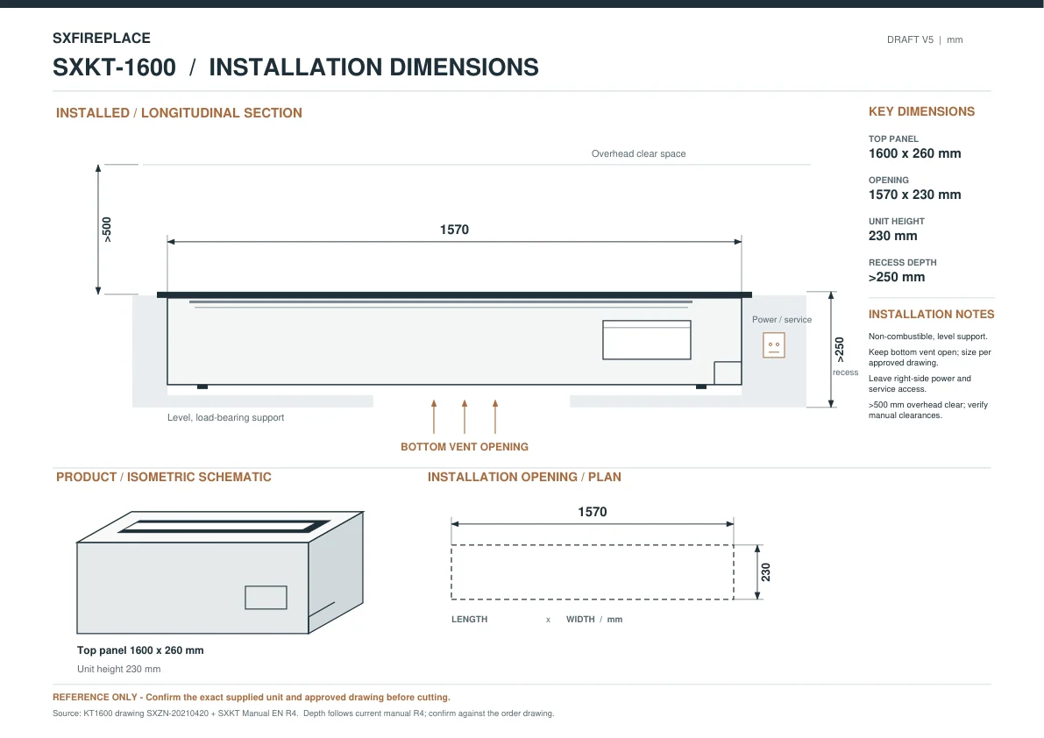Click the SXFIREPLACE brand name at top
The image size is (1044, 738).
click(x=101, y=38)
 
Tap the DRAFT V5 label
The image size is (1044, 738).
click(x=910, y=40)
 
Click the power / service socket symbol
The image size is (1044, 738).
click(x=774, y=345)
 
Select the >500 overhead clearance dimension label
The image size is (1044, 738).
click(x=107, y=230)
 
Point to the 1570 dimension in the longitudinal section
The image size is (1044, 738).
click(x=454, y=230)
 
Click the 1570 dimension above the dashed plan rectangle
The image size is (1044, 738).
click(x=592, y=512)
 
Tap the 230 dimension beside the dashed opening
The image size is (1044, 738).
click(x=766, y=572)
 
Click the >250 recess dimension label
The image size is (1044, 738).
click(x=839, y=350)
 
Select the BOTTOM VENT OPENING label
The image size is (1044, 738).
click(x=464, y=447)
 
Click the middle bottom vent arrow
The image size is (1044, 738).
click(x=464, y=416)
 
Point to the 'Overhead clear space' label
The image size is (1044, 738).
click(x=638, y=153)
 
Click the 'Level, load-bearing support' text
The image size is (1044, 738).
click(x=225, y=417)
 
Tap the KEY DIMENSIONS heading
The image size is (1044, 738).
click(x=921, y=112)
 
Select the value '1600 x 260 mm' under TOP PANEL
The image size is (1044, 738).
click(x=914, y=153)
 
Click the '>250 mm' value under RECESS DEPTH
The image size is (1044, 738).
click(x=896, y=278)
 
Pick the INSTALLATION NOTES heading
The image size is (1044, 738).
click(x=931, y=314)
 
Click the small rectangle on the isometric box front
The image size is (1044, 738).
click(x=266, y=598)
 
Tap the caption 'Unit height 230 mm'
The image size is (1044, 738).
click(x=118, y=669)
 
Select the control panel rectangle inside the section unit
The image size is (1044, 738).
click(x=647, y=340)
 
